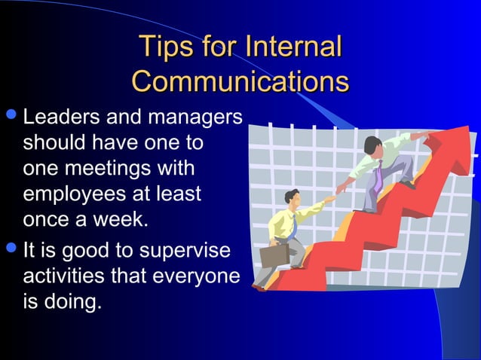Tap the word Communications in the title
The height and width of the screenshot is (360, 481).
(x=240, y=81)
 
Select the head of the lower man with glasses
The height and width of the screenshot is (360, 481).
(x=291, y=198)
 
